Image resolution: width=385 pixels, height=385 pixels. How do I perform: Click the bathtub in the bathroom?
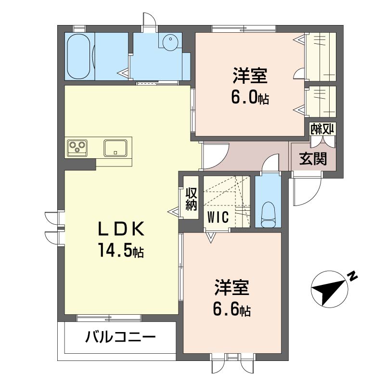click(78, 56)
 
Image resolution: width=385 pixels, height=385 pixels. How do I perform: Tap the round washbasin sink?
click(170, 42)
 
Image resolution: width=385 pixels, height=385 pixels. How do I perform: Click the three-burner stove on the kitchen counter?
click(77, 148)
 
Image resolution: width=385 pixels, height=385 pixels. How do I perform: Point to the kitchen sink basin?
click(115, 148)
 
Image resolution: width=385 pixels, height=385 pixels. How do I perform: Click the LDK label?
click(121, 228)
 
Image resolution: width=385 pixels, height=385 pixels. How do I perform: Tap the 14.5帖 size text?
click(121, 250)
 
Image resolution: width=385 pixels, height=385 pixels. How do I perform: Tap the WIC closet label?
click(218, 217)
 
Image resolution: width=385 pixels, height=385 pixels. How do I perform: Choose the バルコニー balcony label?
click(120, 336)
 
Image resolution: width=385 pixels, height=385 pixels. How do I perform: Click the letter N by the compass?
click(353, 276)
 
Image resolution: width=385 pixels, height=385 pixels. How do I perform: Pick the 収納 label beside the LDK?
click(191, 199)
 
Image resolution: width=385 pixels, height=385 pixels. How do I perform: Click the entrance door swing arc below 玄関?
click(314, 196)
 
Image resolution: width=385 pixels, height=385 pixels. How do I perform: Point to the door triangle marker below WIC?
click(211, 237)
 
